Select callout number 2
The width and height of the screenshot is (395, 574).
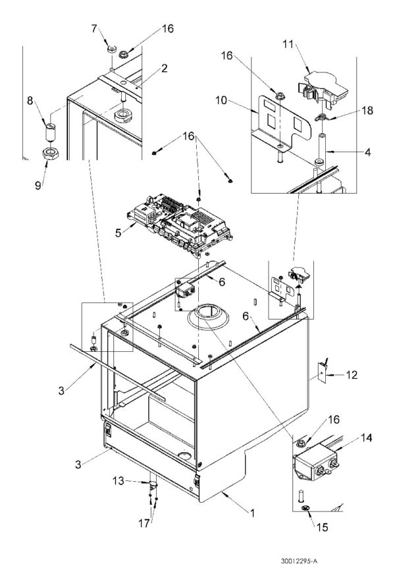[165, 67]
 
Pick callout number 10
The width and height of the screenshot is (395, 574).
[222, 100]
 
